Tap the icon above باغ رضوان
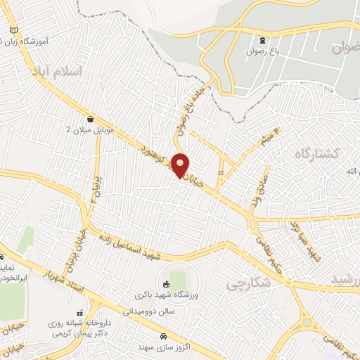pos(262,40)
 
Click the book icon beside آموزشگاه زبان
pos(15,31)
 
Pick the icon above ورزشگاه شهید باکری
pos(166,284)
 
